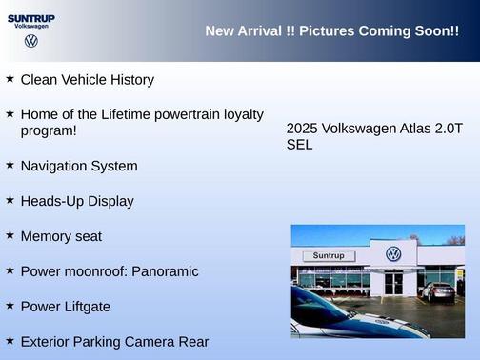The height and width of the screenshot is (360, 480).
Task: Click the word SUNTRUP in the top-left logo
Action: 31,17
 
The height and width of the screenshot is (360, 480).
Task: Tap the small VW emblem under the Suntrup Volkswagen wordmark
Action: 31,42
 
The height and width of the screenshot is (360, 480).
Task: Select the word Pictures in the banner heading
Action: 327,31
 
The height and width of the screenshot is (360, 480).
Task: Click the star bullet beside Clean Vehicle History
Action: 10,79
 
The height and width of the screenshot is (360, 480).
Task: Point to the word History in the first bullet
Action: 130,80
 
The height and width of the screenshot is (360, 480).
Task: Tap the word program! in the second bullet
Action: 49,130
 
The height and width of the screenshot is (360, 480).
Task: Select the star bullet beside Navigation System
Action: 10,165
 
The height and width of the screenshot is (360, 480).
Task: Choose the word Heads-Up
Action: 53,201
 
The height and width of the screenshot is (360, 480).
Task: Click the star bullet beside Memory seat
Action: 10,235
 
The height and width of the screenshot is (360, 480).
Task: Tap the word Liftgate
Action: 85,307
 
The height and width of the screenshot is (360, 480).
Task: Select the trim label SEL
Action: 299,146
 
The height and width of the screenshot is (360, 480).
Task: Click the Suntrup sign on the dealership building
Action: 328,256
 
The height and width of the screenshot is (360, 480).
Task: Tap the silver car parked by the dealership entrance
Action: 438,291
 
